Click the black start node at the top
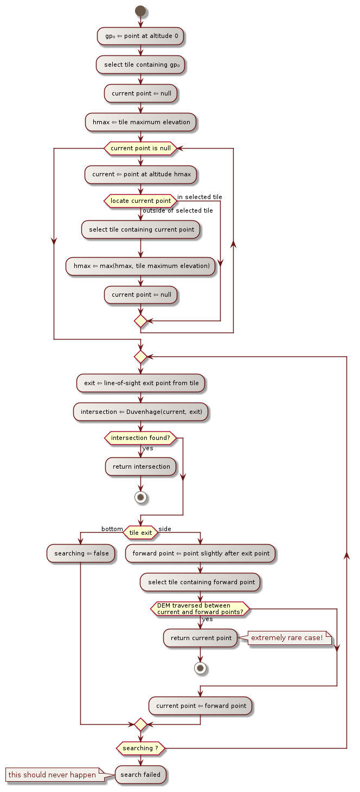[141, 11]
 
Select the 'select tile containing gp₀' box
[141, 65]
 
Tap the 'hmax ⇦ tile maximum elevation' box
[141, 122]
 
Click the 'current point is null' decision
[141, 148]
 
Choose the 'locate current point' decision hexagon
[140, 201]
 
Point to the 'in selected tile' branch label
[200, 197]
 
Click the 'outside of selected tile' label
[178, 210]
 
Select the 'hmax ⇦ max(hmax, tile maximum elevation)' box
[141, 266]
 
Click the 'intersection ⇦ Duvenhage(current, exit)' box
[141, 412]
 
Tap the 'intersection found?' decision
[140, 438]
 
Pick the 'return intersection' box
[141, 467]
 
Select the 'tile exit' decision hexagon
[140, 533]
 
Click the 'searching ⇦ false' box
[80, 553]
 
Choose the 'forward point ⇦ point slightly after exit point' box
[201, 553]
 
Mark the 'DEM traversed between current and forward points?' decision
[200, 609]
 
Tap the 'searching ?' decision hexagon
[141, 748]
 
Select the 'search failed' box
[141, 775]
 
